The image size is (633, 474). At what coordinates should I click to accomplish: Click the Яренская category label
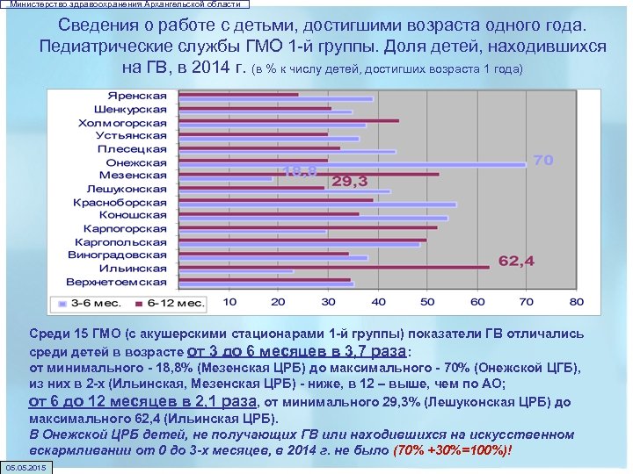(x=137, y=96)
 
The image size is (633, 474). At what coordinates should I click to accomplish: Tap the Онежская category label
(x=135, y=162)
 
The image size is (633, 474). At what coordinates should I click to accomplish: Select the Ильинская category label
(x=132, y=269)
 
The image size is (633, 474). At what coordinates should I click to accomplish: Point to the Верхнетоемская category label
(x=116, y=282)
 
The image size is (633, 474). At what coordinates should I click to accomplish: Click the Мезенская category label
(x=133, y=176)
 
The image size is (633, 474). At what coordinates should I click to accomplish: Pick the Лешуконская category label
(x=127, y=189)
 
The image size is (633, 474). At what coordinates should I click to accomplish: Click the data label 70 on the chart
(x=542, y=161)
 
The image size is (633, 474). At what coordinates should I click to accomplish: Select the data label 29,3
(x=349, y=182)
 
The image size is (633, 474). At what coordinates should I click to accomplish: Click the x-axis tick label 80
(x=576, y=302)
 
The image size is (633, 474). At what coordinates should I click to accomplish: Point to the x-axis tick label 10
(x=229, y=302)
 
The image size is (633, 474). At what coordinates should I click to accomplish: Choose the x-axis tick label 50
(x=427, y=302)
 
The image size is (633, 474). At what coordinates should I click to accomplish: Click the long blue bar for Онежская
(x=352, y=163)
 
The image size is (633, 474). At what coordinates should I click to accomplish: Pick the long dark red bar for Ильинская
(x=333, y=266)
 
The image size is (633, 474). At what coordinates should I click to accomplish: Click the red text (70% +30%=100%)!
(x=452, y=450)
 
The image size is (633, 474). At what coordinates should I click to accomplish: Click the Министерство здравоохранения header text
(x=124, y=4)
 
